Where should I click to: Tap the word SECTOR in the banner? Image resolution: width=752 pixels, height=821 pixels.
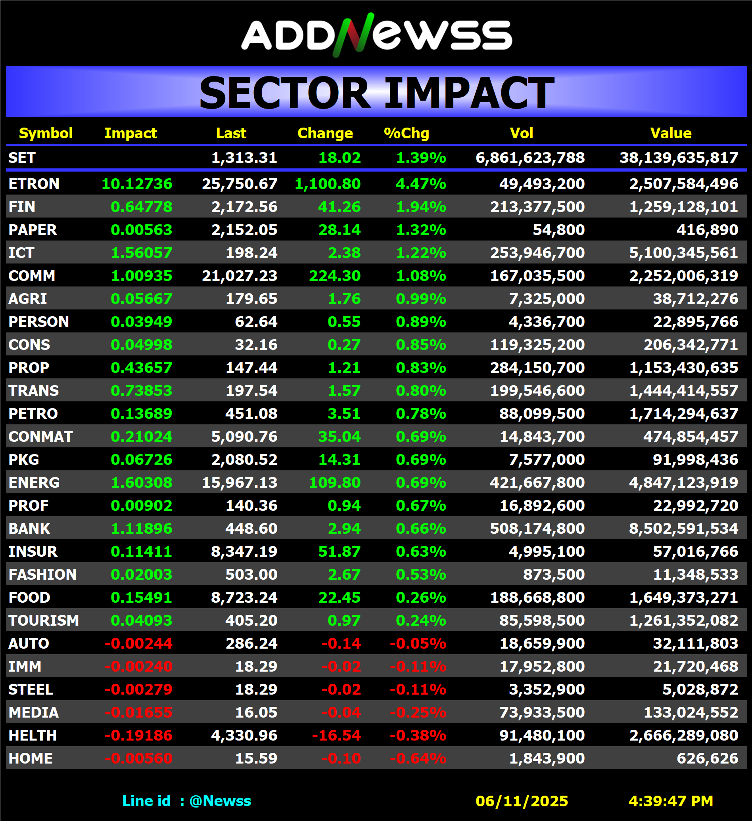tap(284, 93)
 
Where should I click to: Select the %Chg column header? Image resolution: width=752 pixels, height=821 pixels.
tap(407, 133)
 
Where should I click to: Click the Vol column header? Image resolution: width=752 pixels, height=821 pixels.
tap(521, 133)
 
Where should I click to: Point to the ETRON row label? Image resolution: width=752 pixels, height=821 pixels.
tap(34, 184)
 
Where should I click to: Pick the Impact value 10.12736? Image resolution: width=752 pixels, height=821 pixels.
tap(137, 184)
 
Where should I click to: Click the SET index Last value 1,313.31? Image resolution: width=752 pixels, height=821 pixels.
tap(244, 158)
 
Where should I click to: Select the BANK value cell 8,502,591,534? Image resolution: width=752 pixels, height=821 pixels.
tap(683, 529)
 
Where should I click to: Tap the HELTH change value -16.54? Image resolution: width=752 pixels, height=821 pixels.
tap(336, 735)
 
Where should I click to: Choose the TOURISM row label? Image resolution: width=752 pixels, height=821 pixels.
tap(44, 621)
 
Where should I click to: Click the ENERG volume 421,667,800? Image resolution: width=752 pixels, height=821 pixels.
tap(537, 483)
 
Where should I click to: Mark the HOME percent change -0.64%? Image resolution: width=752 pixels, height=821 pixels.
tap(418, 758)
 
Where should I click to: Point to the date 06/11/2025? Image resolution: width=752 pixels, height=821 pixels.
tap(522, 801)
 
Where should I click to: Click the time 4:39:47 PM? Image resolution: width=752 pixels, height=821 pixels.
tap(671, 801)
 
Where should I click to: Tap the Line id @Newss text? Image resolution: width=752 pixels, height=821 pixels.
tap(187, 801)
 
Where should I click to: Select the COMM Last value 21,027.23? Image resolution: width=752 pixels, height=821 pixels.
tap(240, 276)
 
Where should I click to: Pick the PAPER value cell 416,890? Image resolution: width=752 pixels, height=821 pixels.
tap(707, 230)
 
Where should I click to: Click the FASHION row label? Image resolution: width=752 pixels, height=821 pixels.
tap(42, 575)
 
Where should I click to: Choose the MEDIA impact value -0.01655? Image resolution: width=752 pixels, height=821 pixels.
tap(138, 712)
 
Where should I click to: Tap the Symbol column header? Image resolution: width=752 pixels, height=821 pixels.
tap(46, 133)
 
